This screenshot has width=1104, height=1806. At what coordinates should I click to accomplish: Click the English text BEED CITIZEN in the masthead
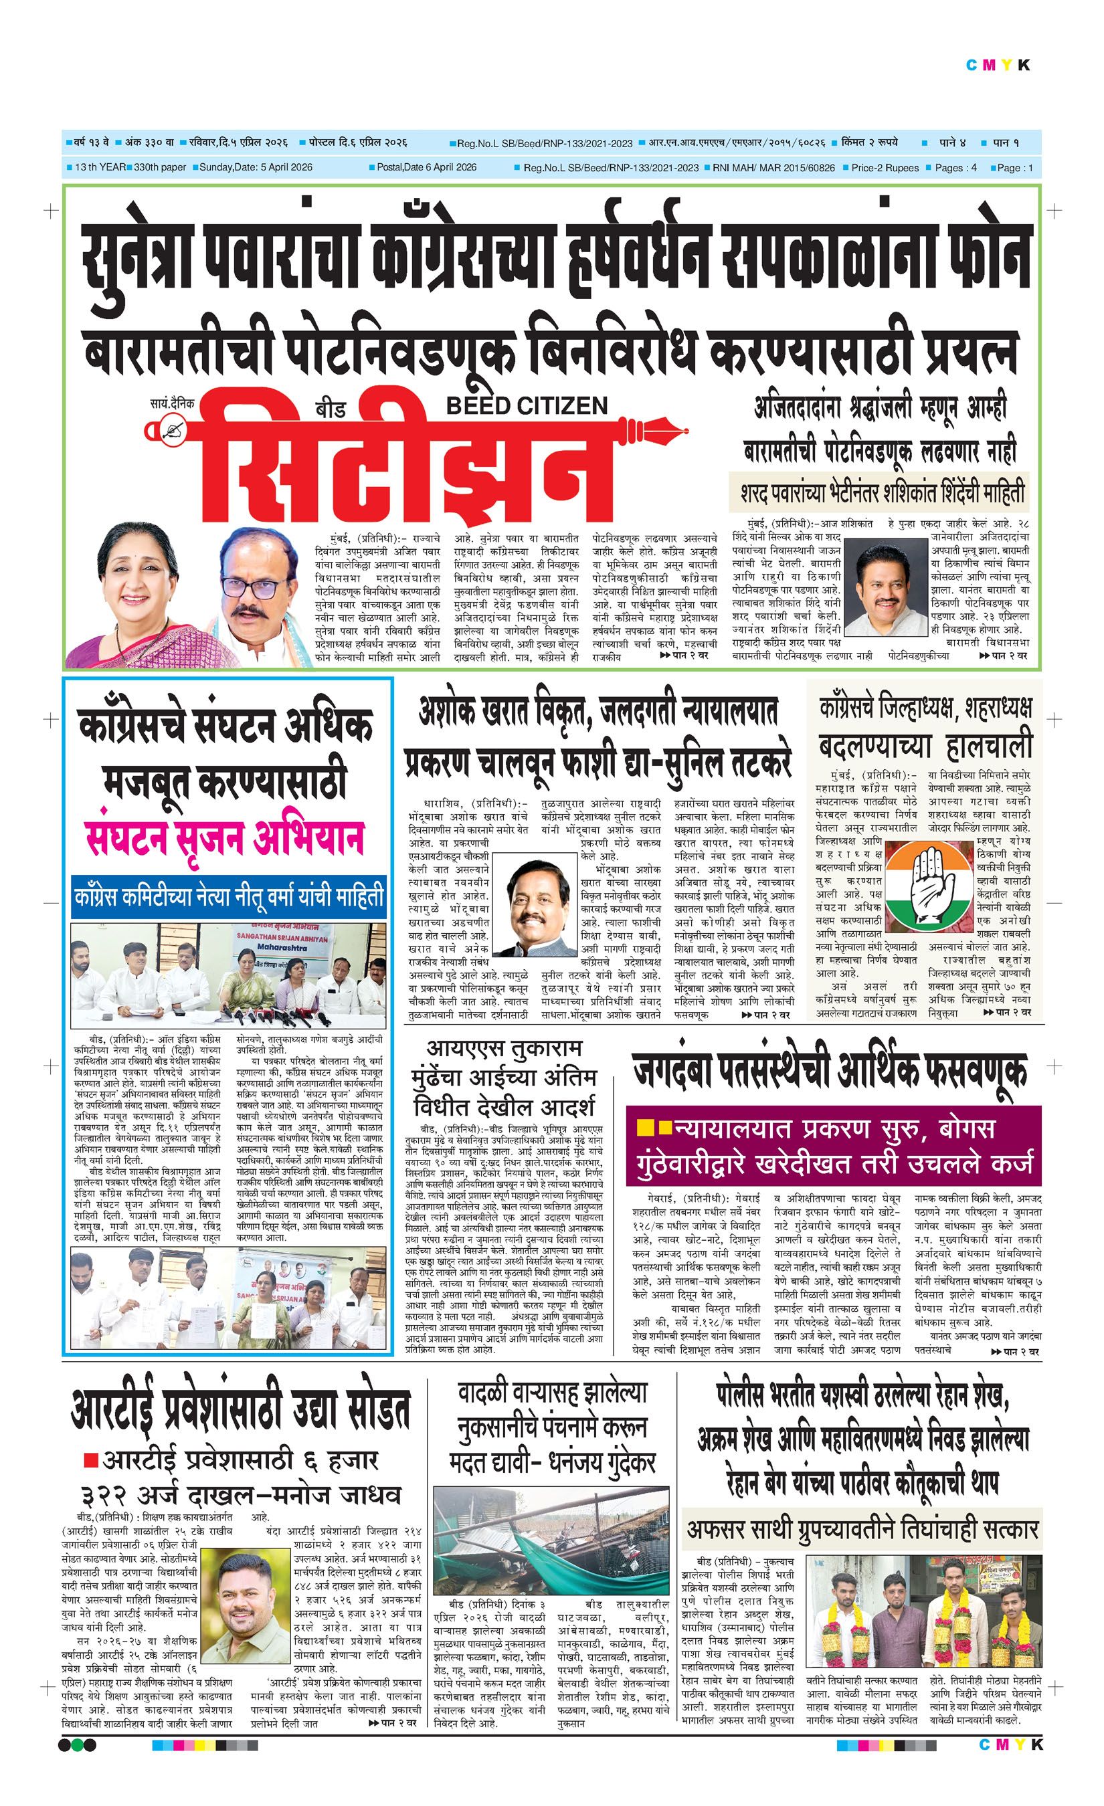pyautogui.click(x=527, y=405)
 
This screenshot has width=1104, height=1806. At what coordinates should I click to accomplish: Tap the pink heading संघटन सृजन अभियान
pyautogui.click(x=224, y=837)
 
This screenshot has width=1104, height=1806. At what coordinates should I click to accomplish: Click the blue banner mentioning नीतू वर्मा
pyautogui.click(x=229, y=896)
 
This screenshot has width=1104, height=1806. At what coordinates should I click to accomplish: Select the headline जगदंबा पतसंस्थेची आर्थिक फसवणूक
pyautogui.click(x=829, y=1071)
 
